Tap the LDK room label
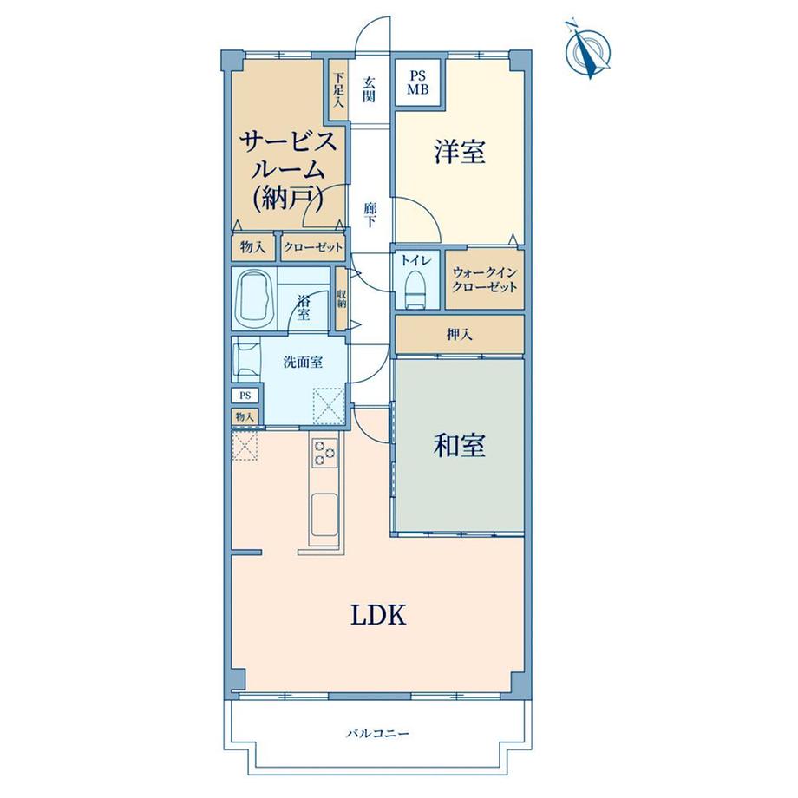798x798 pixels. click(x=378, y=615)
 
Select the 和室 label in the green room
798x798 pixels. click(x=459, y=445)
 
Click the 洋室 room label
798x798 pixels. click(x=459, y=151)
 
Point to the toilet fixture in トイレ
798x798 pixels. click(x=415, y=290)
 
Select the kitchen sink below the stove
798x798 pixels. click(x=324, y=514)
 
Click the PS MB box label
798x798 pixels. click(x=417, y=82)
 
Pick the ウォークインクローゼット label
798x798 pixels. click(x=485, y=279)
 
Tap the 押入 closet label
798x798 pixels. click(x=460, y=334)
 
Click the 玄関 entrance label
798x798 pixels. click(x=369, y=89)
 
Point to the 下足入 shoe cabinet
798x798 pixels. click(x=338, y=90)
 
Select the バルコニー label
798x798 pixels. click(x=377, y=734)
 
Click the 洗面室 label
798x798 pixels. click(x=303, y=363)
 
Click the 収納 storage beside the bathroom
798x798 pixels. click(x=341, y=298)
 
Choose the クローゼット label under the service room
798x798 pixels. click(x=313, y=248)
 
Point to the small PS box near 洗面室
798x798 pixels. click(x=245, y=396)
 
